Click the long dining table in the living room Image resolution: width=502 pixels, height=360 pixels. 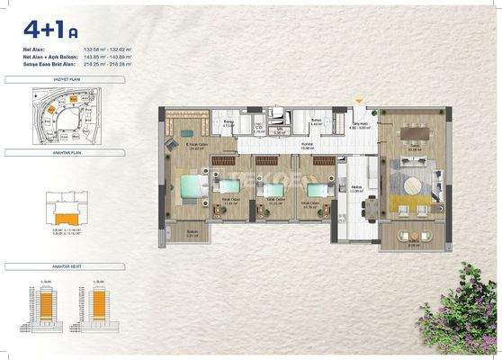coord(413,133)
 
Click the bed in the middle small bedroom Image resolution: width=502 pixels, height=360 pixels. coord(268,188)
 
